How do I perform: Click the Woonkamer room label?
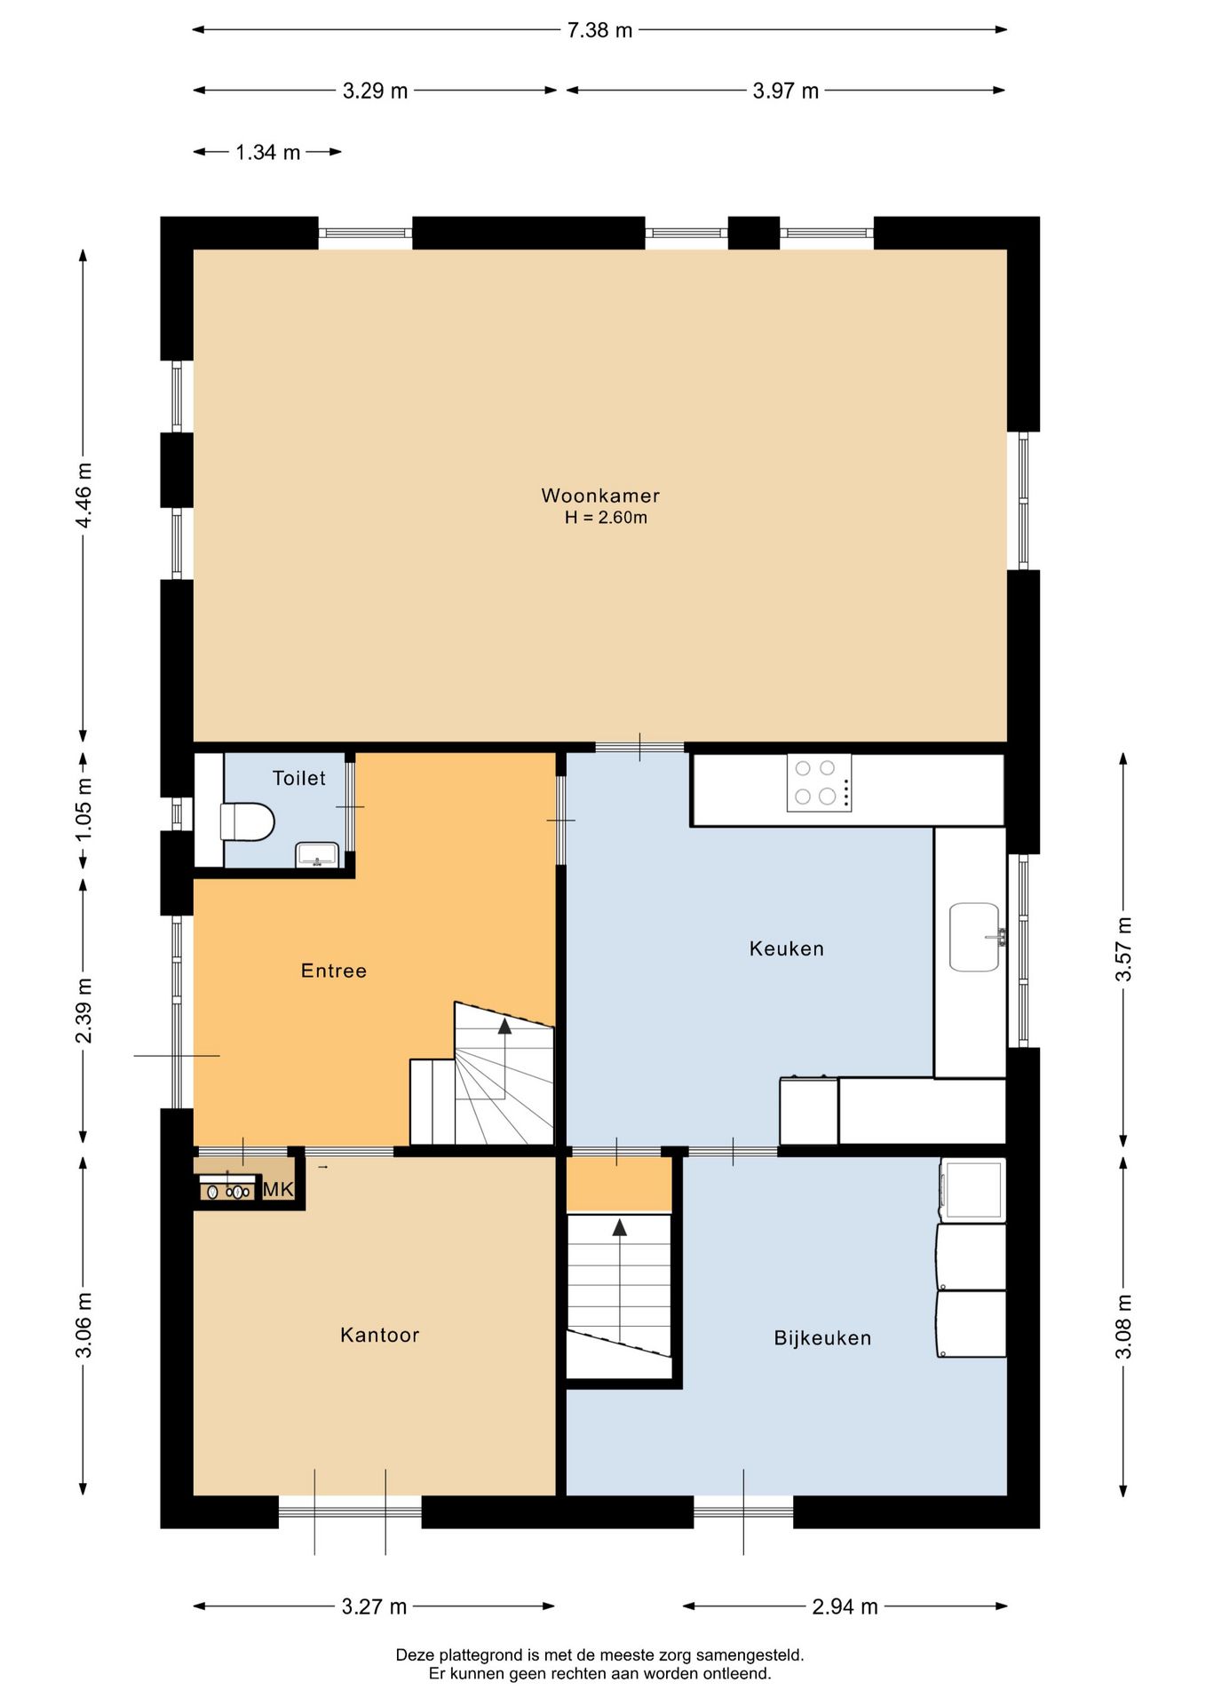600,496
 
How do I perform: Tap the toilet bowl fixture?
247,821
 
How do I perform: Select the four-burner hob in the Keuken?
819,782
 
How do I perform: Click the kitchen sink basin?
974,937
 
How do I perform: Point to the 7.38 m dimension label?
599,30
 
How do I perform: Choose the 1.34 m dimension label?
267,152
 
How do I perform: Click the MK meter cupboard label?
278,1189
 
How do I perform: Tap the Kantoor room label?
379,1335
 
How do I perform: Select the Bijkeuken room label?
822,1338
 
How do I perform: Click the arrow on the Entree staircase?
504,1057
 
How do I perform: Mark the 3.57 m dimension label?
1124,949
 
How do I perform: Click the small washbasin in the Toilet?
316,854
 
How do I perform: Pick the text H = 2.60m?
606,518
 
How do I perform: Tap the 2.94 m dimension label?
845,1606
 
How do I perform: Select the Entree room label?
334,971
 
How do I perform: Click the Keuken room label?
787,948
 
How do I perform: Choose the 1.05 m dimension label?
83,810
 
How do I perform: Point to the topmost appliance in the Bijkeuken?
973,1190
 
